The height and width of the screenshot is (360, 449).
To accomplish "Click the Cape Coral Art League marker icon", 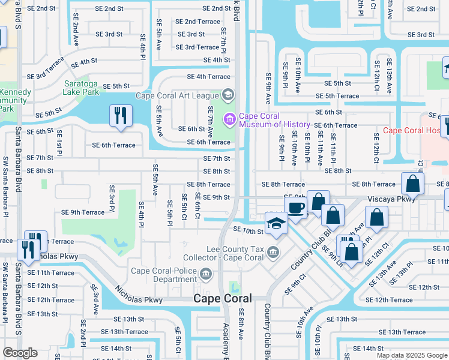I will point(228,95).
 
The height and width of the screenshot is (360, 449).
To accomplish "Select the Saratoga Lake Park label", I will point(89,88).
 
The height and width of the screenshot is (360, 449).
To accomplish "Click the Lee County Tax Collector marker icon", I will point(274,251).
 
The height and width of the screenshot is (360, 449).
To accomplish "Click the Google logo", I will point(20,352).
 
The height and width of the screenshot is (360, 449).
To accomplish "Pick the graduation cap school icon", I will point(276,223).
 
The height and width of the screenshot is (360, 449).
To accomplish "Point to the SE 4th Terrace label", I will point(208,77).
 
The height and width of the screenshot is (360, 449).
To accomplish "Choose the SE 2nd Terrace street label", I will point(197,22).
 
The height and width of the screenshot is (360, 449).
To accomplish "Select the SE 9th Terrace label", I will point(83,212).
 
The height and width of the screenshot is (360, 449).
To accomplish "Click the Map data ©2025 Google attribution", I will point(412,355).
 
